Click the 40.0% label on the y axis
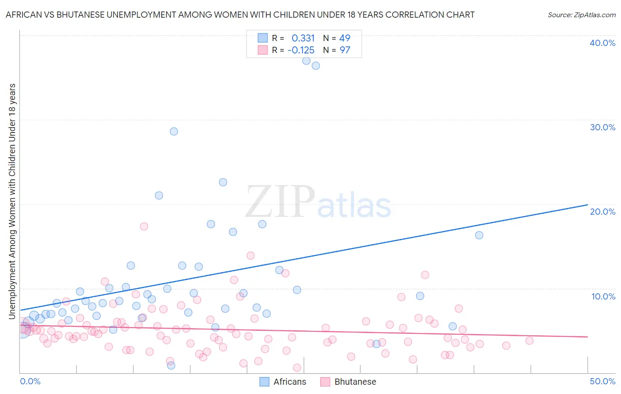click(602, 43)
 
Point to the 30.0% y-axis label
click(602, 127)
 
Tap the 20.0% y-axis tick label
click(602, 212)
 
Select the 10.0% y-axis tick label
click(602, 296)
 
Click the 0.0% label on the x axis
click(30, 381)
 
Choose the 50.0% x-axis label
click(602, 381)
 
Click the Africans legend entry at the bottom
click(289, 382)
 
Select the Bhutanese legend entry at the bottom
click(355, 382)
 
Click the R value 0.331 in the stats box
click(303, 38)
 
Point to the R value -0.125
click(301, 50)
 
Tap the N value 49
click(345, 38)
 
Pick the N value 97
click(345, 50)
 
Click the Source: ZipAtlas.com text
click(581, 15)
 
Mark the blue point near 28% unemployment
click(174, 131)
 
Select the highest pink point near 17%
click(144, 226)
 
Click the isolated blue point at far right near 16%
click(479, 235)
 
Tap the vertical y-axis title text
click(12, 201)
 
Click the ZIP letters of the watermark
click(280, 202)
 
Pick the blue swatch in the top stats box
click(263, 38)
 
